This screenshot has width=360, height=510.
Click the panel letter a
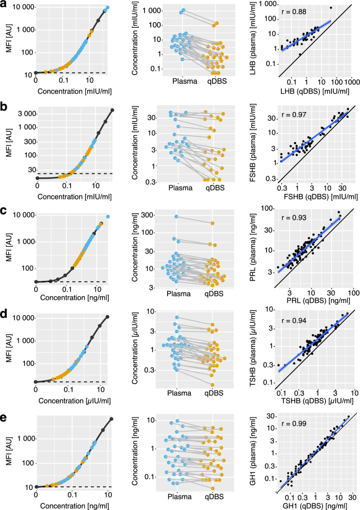click(5, 5)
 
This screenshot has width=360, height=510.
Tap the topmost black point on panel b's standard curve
click(113, 110)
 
